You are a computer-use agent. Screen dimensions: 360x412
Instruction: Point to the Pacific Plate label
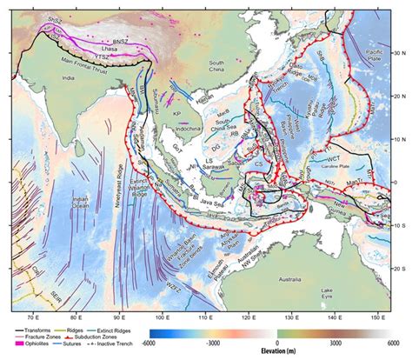tap(375, 57)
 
